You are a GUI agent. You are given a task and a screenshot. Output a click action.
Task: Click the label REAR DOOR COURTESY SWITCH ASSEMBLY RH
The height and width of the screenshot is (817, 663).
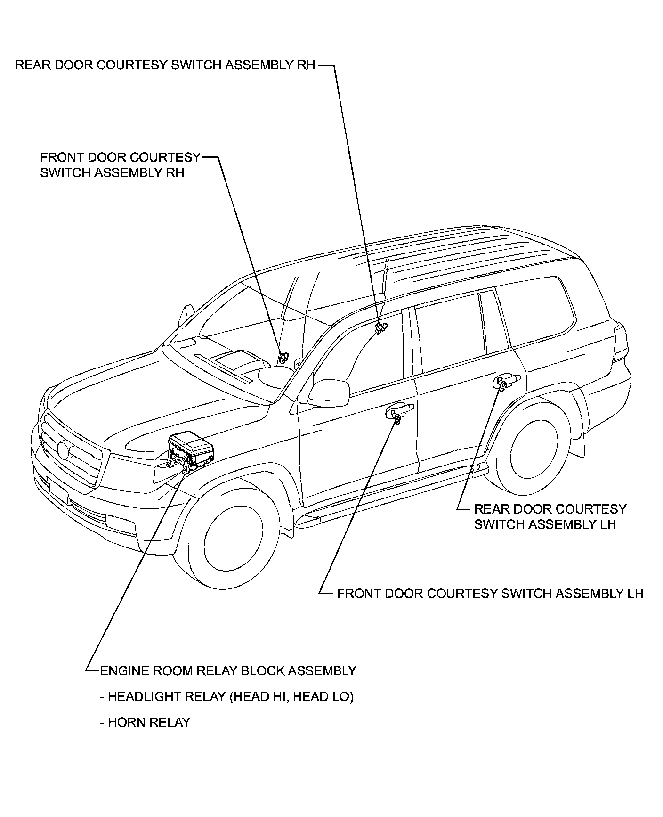(x=165, y=65)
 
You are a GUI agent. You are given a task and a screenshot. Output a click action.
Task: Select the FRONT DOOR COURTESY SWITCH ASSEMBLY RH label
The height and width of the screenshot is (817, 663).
(x=120, y=165)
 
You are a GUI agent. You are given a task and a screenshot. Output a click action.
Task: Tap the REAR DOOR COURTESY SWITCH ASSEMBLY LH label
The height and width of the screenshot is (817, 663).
(x=550, y=516)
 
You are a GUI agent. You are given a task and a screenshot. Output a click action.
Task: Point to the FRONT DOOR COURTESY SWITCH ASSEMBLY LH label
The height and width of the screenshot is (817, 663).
(x=490, y=593)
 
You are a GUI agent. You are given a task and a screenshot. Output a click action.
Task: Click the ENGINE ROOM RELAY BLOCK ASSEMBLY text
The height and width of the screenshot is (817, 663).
(x=228, y=670)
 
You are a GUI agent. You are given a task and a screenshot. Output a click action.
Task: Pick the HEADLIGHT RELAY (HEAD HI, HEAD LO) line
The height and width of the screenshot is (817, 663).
(x=226, y=696)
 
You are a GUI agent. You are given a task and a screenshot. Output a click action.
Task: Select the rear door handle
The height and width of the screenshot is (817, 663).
(x=506, y=380)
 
